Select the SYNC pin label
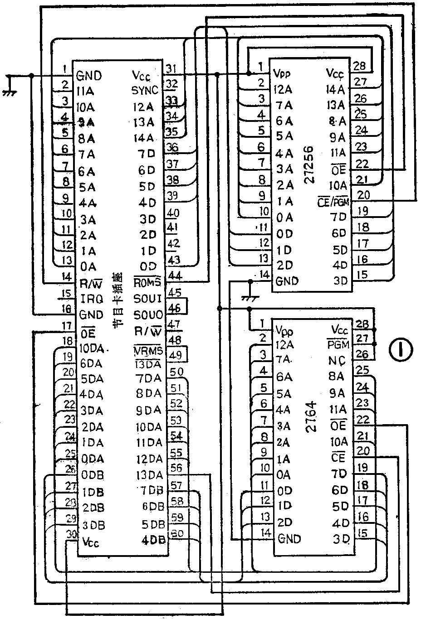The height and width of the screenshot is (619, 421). tap(145, 91)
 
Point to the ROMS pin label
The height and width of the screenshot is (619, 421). tap(148, 282)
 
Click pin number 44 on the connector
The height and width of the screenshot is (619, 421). tap(175, 276)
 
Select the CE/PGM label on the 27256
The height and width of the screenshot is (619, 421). tap(333, 202)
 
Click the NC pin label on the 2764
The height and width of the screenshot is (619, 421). tap(338, 360)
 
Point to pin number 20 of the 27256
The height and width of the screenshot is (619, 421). tap(363, 195)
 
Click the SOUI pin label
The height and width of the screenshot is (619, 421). tap(148, 299)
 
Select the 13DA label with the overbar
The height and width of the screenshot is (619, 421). tap(148, 364)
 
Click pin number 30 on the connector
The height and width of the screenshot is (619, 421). tap(71, 534)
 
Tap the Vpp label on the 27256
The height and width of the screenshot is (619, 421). tap(282, 73)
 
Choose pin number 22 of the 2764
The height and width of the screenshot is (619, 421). tap(363, 420)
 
